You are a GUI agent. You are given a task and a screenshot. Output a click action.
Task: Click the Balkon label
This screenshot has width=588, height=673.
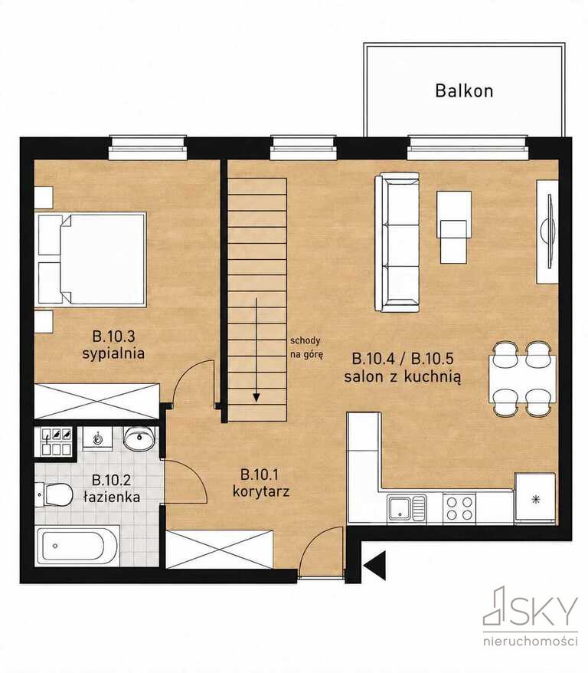pos(464,91)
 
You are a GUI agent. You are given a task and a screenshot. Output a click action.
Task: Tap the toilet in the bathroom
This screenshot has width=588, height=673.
pos(54,494)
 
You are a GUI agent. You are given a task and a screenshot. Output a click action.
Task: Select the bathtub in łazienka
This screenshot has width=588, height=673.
pos(77,546)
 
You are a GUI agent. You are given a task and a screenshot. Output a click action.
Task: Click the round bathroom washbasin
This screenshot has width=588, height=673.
pos(139,438)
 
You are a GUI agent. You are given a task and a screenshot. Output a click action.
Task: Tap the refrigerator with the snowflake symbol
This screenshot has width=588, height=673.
pos(535,498)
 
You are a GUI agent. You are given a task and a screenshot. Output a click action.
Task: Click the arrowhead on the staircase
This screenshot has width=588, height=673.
pos(256,398)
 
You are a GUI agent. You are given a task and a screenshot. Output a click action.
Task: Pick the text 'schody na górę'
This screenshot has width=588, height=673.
pos(306,348)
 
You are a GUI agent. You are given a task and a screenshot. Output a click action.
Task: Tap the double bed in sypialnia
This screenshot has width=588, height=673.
pos(91,259)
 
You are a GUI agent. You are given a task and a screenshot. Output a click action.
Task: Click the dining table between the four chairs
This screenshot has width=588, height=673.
pos(522,379)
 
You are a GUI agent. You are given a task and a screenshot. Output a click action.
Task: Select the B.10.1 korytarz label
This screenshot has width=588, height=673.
pos(260,483)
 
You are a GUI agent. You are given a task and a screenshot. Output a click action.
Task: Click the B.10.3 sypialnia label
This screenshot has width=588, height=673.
pos(113,345)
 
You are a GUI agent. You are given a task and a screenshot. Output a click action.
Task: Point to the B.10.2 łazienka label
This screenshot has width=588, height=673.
pos(112,488)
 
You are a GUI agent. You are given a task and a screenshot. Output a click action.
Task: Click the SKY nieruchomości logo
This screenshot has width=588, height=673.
pos(531,616)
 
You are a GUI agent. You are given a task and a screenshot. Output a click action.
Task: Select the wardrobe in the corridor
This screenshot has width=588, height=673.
pos(220,550)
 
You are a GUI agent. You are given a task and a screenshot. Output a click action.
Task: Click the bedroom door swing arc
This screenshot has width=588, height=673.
pos(188,373)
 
